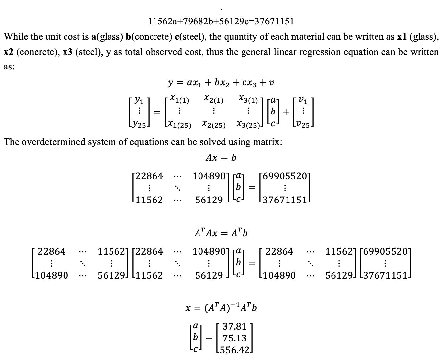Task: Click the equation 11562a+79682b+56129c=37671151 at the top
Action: (x=221, y=22)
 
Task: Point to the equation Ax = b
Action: (x=221, y=158)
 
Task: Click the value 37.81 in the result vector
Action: (x=235, y=327)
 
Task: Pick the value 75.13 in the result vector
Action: (x=235, y=338)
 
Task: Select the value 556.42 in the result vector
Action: (x=235, y=350)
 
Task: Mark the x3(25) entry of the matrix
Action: (x=248, y=125)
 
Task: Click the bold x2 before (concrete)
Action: (x=8, y=52)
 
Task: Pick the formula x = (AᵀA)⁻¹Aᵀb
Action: (x=221, y=308)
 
